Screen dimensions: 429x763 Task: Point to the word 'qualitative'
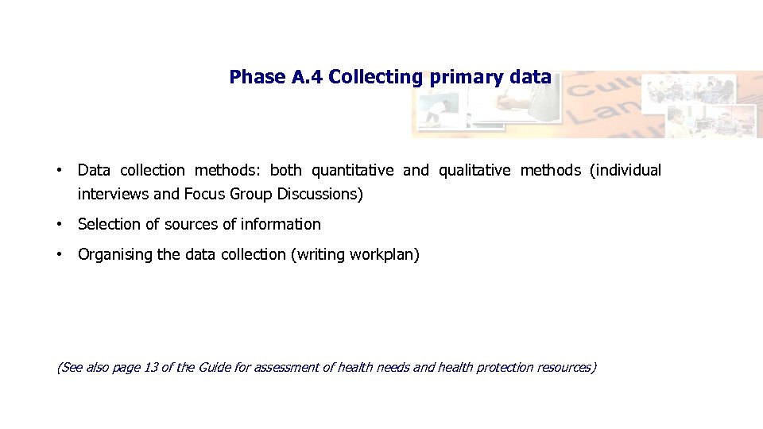pyautogui.click(x=474, y=170)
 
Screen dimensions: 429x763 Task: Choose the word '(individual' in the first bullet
pyautogui.click(x=626, y=170)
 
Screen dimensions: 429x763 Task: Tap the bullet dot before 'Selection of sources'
pyautogui.click(x=60, y=225)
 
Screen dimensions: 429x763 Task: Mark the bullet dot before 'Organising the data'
pyautogui.click(x=60, y=255)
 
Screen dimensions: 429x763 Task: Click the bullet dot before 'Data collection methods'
pyautogui.click(x=60, y=170)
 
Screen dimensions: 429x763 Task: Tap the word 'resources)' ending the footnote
pyautogui.click(x=567, y=367)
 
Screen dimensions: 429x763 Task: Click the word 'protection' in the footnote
pyautogui.click(x=505, y=367)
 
